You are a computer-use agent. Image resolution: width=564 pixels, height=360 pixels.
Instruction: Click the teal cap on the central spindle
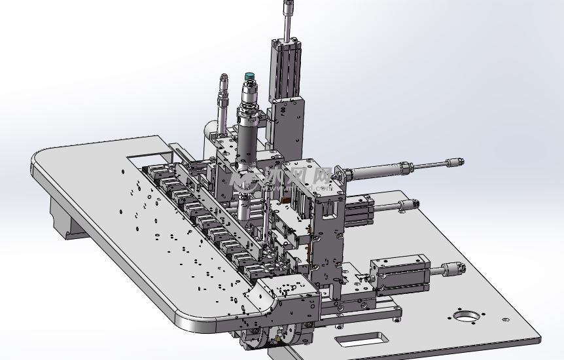click(249, 78)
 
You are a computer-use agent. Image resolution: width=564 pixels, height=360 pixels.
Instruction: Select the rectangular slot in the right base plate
click(361, 340)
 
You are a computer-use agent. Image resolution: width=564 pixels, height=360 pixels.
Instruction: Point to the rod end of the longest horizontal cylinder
click(455, 162)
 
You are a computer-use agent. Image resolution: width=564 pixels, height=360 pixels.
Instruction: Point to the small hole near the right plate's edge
click(504, 319)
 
